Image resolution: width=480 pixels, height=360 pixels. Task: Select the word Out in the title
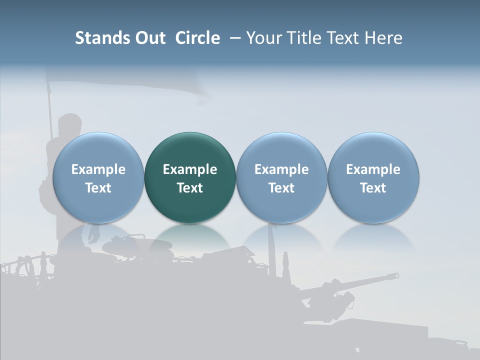148,38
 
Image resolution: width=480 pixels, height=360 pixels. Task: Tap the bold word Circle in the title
197,38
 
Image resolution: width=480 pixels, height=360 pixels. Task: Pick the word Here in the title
383,38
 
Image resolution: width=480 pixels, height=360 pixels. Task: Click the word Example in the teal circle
190,169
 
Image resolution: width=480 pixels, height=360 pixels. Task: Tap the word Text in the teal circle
190,188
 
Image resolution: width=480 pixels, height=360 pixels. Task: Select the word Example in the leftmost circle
98,169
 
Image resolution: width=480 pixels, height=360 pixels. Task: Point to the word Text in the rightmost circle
373,188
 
